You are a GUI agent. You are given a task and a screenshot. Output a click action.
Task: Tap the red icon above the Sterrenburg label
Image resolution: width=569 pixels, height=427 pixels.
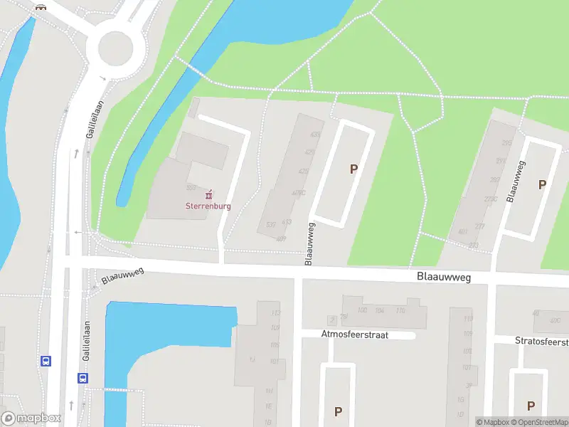(x=208, y=194)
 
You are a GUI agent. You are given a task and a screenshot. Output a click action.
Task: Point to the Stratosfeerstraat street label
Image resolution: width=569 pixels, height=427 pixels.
(x=541, y=341)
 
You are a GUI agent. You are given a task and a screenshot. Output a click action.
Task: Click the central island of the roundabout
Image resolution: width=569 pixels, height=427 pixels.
(x=115, y=48)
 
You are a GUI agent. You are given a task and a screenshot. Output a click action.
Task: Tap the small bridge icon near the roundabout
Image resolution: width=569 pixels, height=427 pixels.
(x=41, y=7)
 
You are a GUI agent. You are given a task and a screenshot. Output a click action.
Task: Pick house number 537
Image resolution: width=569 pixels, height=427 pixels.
(x=271, y=226)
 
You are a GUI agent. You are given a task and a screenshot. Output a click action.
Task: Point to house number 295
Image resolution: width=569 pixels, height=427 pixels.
(x=506, y=143)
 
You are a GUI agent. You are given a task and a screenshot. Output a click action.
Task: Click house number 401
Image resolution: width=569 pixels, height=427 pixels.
(x=463, y=231)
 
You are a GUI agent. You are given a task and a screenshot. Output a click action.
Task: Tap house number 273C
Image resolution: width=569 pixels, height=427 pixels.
(x=490, y=199)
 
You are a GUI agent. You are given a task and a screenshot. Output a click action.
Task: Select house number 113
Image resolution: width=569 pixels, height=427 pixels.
(x=276, y=313)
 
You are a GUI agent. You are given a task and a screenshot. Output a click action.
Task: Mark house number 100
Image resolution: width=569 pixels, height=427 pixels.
(x=362, y=310)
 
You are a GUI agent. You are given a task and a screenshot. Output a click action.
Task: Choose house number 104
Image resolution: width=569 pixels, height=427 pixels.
(x=381, y=310)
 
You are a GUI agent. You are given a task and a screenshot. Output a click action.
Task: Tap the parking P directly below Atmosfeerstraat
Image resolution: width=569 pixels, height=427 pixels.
(x=338, y=411)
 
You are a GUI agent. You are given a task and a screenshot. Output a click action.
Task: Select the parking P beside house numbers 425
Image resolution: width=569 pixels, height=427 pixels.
(x=353, y=169)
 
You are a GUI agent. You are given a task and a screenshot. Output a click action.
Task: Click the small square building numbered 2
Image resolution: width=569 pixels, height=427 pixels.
(x=331, y=320)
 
